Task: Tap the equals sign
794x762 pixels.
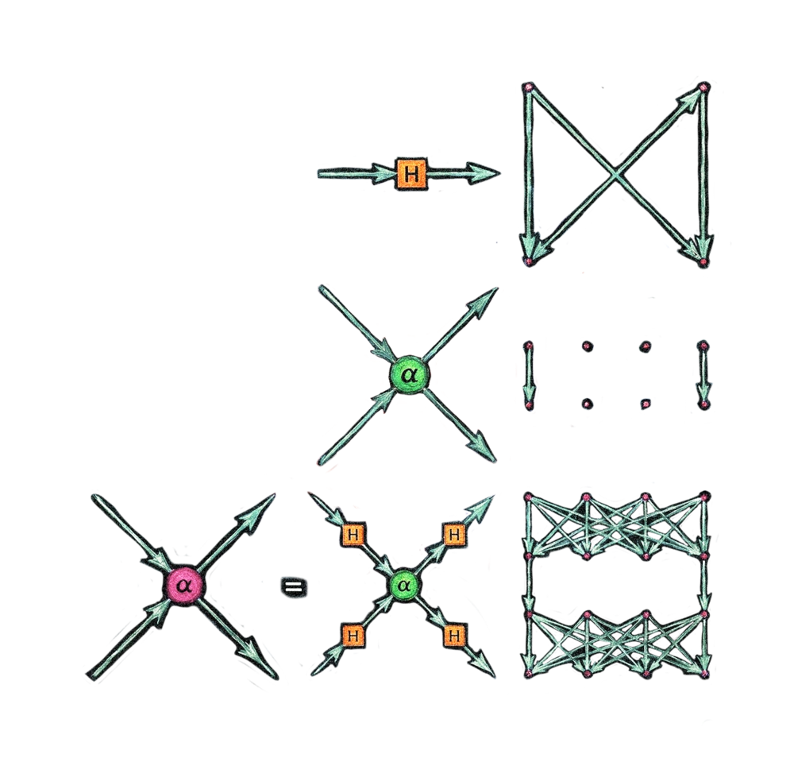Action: coord(294,587)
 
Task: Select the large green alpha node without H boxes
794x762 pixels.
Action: coord(409,375)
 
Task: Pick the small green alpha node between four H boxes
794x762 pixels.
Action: coord(404,586)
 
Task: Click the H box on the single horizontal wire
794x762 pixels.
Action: coord(411,174)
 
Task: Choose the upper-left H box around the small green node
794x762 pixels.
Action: coord(353,534)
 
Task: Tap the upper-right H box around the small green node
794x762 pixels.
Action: coord(454,534)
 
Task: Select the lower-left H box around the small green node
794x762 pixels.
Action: coord(353,636)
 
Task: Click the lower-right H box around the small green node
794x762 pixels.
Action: coord(454,636)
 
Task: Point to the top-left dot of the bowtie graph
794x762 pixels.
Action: coord(529,87)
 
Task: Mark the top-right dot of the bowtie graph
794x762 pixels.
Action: coord(703,87)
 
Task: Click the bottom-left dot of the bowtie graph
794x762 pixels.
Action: coord(529,261)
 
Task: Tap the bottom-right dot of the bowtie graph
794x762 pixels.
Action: coord(703,262)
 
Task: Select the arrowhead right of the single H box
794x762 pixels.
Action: coord(483,173)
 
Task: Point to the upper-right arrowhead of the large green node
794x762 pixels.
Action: coord(482,303)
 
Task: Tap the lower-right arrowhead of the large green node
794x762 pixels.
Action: coord(481,447)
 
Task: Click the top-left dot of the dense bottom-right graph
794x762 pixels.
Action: coord(529,497)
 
